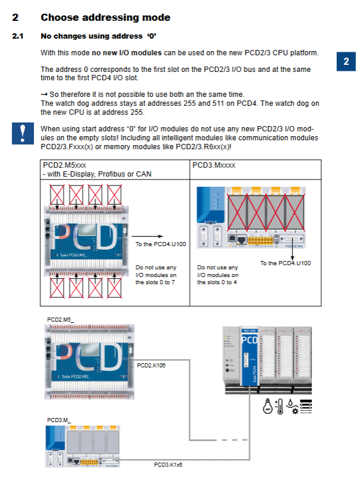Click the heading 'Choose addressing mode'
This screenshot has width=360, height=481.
[x=105, y=18]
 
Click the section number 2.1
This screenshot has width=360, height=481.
[x=18, y=36]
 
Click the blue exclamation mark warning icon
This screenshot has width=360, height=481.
[x=22, y=134]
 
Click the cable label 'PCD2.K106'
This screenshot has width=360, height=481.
[x=151, y=365]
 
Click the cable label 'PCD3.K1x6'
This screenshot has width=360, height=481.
[x=168, y=464]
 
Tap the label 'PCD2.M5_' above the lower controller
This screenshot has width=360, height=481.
[x=61, y=320]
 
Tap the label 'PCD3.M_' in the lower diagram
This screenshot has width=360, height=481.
[x=59, y=420]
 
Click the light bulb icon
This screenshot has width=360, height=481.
[x=268, y=407]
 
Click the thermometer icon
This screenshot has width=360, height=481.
[x=280, y=407]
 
